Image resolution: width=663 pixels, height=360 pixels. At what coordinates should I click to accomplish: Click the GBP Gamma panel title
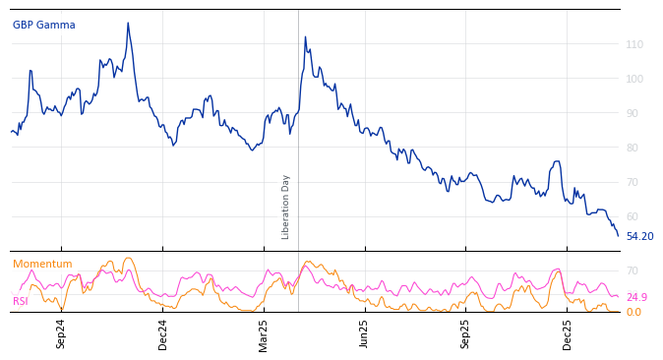click(x=43, y=26)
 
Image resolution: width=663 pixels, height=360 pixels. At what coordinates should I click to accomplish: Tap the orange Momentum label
click(x=42, y=265)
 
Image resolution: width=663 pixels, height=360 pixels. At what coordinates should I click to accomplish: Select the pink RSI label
click(x=21, y=301)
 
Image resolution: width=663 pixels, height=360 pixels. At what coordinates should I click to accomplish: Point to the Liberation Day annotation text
click(x=286, y=207)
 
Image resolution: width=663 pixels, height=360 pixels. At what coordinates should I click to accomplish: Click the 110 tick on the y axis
click(x=634, y=45)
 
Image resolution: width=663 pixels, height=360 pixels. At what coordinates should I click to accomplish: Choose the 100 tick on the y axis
click(x=634, y=79)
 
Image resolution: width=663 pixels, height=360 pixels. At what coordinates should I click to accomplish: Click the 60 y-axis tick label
click(x=632, y=216)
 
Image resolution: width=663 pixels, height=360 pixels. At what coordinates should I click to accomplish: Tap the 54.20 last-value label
click(x=639, y=237)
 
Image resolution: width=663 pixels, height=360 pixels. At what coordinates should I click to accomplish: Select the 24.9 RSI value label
click(x=636, y=297)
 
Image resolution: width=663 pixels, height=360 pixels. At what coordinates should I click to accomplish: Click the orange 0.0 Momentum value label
click(x=633, y=313)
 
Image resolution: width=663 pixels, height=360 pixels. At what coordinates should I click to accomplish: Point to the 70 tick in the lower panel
click(x=632, y=270)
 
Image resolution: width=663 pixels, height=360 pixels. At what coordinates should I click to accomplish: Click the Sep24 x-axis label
click(x=61, y=333)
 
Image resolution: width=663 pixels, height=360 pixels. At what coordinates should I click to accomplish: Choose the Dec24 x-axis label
click(x=163, y=333)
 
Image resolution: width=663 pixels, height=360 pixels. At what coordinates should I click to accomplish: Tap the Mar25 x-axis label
click(x=264, y=333)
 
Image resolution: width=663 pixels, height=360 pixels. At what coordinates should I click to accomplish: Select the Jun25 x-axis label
click(x=365, y=333)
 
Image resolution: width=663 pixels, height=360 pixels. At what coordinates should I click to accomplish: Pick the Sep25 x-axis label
click(x=465, y=333)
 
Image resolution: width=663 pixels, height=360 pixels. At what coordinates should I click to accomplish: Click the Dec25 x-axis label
click(x=568, y=333)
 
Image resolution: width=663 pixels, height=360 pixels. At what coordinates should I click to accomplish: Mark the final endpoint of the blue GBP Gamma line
click(x=619, y=236)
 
